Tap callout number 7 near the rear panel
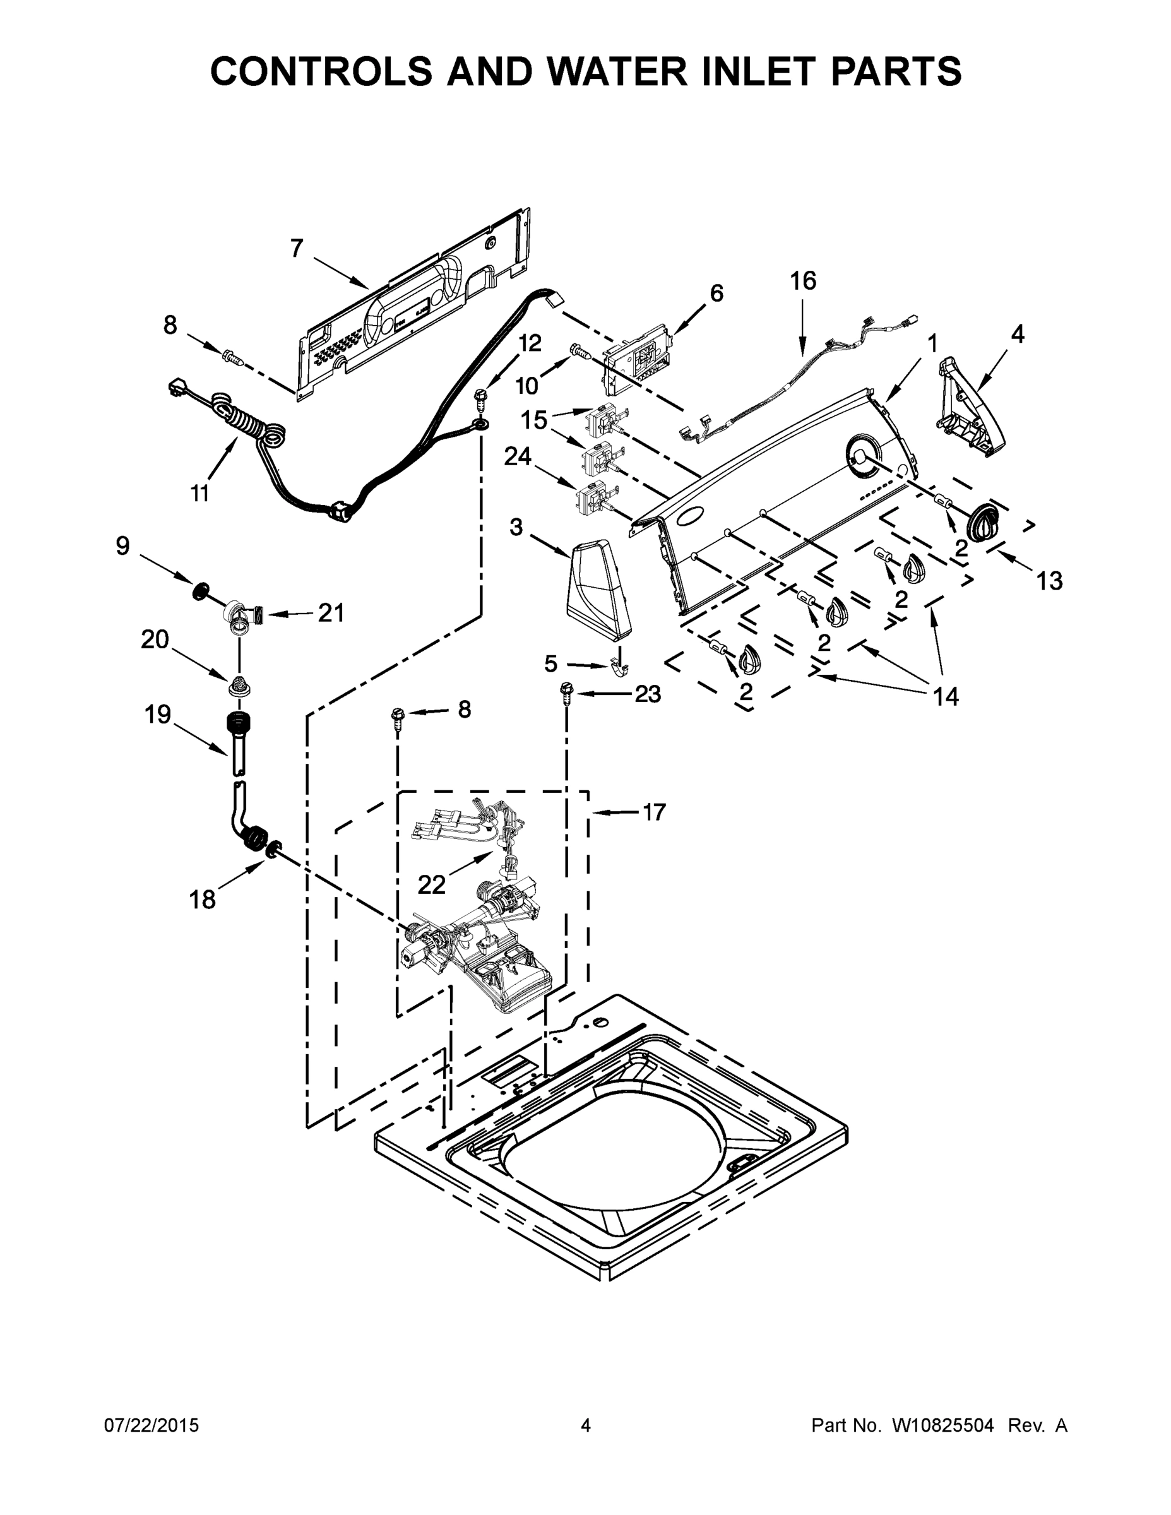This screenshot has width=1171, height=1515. tap(297, 247)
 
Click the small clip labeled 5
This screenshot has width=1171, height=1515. tap(619, 667)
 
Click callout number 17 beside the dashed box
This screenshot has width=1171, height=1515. tap(653, 812)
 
